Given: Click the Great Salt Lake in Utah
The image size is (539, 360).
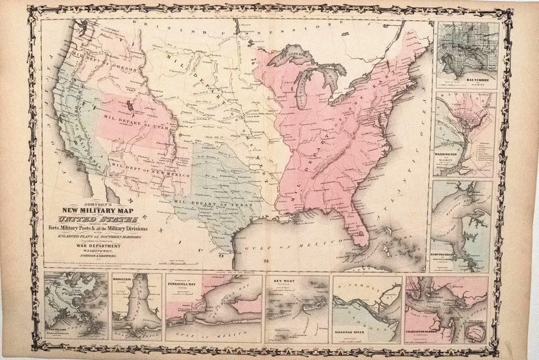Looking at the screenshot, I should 129,106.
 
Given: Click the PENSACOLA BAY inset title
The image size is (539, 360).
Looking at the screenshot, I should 186,283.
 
